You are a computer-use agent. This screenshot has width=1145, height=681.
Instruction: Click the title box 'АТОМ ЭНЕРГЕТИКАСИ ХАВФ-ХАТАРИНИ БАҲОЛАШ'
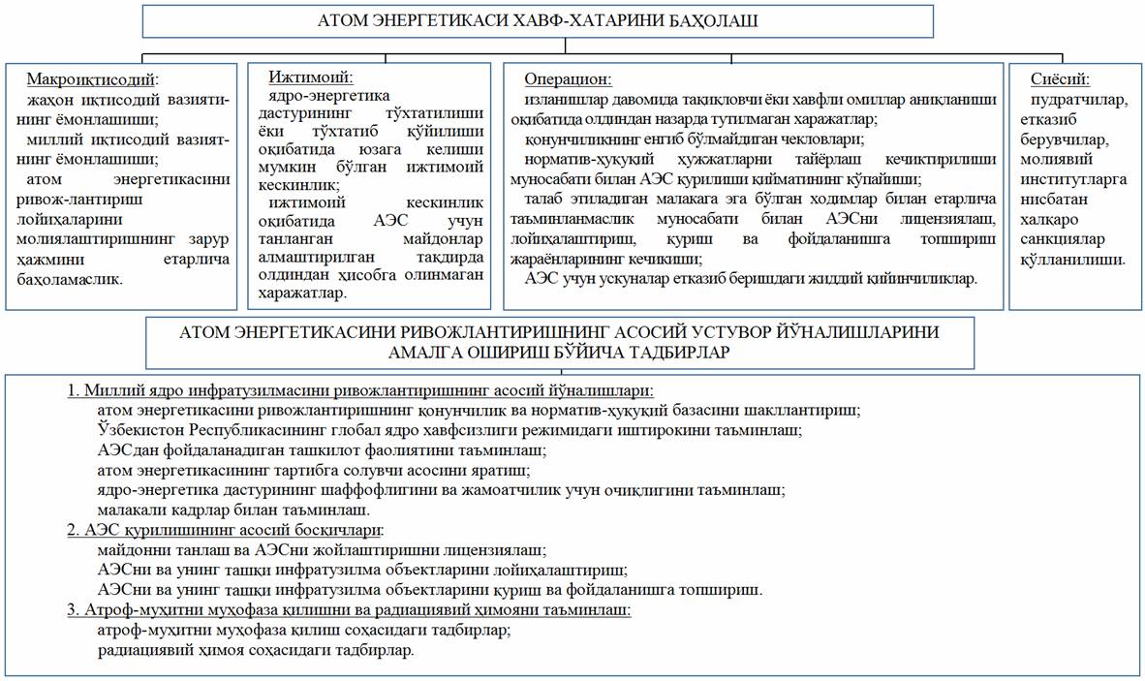(x=538, y=20)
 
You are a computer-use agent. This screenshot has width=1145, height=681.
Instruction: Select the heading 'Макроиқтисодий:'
(x=92, y=78)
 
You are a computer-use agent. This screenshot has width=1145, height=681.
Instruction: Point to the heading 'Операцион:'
(x=568, y=78)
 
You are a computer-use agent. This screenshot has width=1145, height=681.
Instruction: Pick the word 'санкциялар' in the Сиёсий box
(x=1059, y=238)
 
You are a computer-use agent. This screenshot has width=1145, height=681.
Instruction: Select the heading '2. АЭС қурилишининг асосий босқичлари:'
(x=226, y=530)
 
